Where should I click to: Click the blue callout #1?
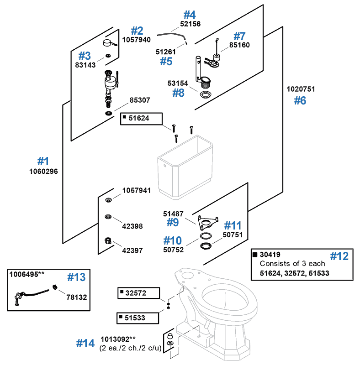pos(43,161)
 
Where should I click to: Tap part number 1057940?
pos(136,40)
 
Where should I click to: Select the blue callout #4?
pos(190,15)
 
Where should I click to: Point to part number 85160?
pos(239,46)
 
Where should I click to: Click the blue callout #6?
pos(300,101)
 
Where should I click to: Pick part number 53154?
pos(178,83)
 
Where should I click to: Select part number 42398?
pos(132,225)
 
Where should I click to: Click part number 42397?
pos(132,250)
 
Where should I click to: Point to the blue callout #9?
pos(172,223)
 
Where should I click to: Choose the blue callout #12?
pos(339,256)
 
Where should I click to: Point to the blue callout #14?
pos(85,343)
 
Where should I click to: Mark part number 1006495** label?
pos(27,274)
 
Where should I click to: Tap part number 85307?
pos(140,100)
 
